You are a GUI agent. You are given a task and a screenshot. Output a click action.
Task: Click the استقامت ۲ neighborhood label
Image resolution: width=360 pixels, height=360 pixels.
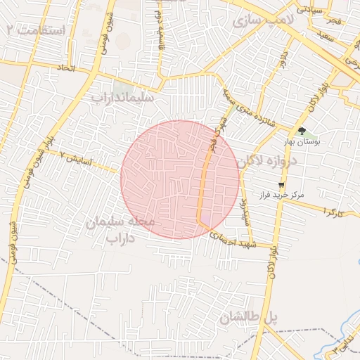point(35,30)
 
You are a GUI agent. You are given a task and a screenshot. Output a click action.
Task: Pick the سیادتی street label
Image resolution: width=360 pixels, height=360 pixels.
point(311,10)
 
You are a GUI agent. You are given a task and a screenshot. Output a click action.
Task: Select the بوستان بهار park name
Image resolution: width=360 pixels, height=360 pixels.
point(302,142)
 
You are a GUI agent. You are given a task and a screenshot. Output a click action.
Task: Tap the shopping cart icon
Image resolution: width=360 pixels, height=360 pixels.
point(281,184)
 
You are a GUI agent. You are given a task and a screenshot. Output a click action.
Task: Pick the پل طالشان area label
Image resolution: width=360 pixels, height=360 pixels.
point(248,318)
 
